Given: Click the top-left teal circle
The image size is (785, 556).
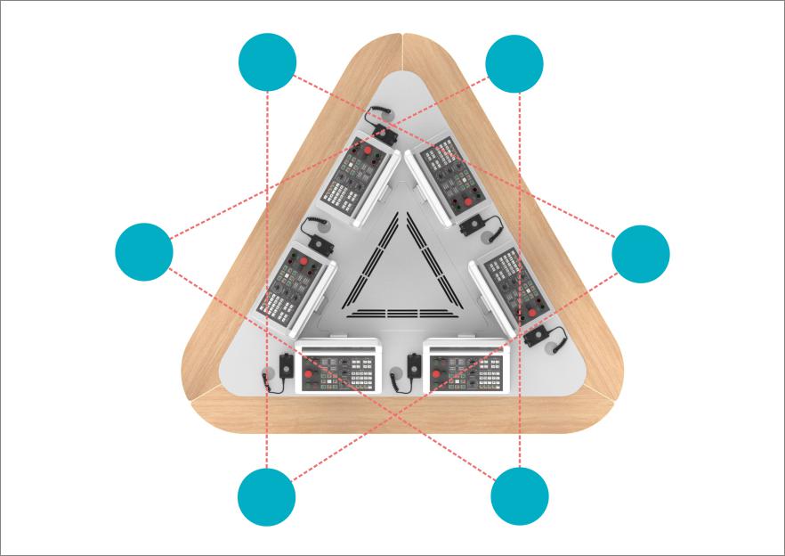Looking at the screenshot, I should click(268, 62).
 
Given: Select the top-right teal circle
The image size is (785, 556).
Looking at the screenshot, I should click(514, 64).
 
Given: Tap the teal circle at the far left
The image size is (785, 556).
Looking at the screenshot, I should click(144, 252).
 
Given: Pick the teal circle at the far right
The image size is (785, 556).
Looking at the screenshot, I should click(641, 254).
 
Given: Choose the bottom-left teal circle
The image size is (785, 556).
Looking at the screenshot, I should click(267, 496).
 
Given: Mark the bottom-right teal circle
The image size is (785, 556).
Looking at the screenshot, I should click(520, 495).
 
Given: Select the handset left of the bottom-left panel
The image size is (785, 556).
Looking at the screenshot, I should click(284, 369).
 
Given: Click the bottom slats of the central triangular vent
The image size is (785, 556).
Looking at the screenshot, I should click(396, 313).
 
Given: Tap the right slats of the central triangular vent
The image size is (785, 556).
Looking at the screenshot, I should click(426, 258).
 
